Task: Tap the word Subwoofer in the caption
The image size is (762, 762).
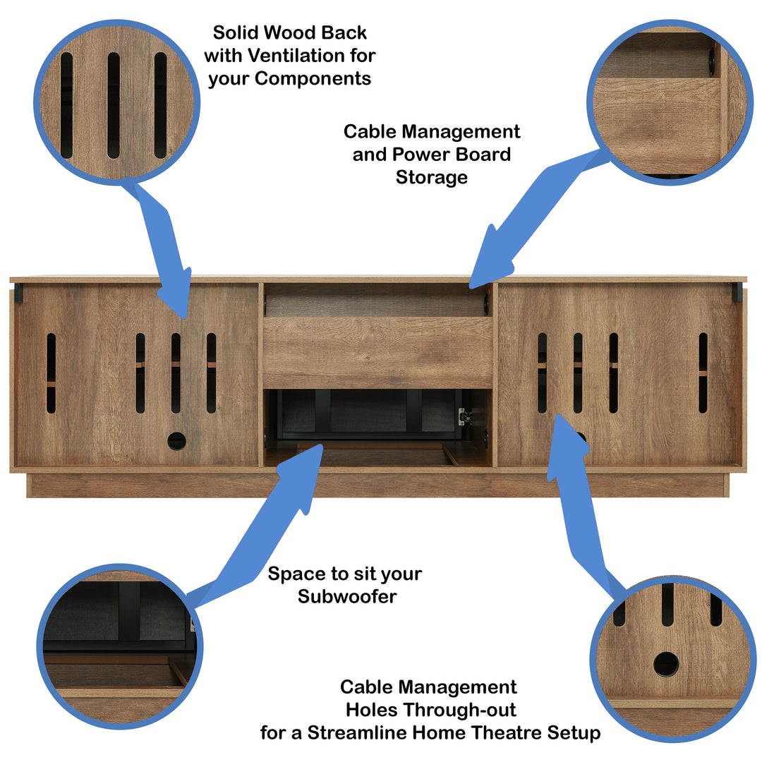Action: (x=347, y=596)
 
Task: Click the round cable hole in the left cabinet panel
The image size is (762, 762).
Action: (x=176, y=441)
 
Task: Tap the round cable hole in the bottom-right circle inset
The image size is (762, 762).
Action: (x=665, y=664)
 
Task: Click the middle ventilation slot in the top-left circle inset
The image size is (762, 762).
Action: (x=114, y=105)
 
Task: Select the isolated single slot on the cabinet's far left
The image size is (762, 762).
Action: (x=51, y=373)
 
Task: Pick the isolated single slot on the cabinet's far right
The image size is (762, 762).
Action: (x=703, y=373)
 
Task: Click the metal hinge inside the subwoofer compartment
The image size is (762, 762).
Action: (x=464, y=416)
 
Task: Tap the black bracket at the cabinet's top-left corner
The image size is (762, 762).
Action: (x=18, y=293)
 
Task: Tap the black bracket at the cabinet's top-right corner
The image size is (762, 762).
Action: (x=737, y=292)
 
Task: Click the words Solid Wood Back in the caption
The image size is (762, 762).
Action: (x=290, y=32)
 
